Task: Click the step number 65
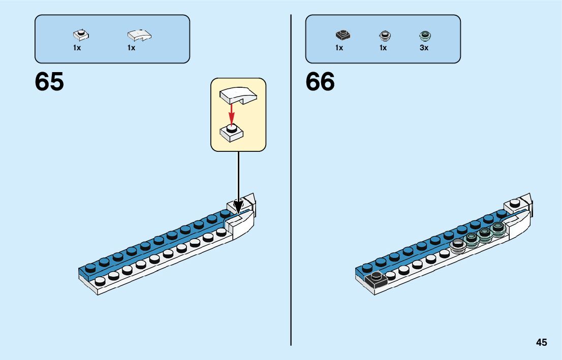point(49,82)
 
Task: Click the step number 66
point(320,82)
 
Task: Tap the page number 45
point(541,342)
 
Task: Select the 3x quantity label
point(424,48)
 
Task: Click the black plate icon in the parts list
point(342,36)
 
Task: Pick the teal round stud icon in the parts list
point(424,36)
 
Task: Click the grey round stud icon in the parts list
point(384,36)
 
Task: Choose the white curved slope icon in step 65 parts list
point(139,35)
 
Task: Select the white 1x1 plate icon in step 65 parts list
point(80,35)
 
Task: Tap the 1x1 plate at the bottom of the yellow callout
point(232,133)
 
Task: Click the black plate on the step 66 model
point(376,279)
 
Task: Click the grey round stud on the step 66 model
point(458,245)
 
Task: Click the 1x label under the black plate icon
point(339,48)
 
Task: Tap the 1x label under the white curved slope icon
point(131,48)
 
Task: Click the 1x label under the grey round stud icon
point(383,48)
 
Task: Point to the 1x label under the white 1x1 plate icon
point(77,48)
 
